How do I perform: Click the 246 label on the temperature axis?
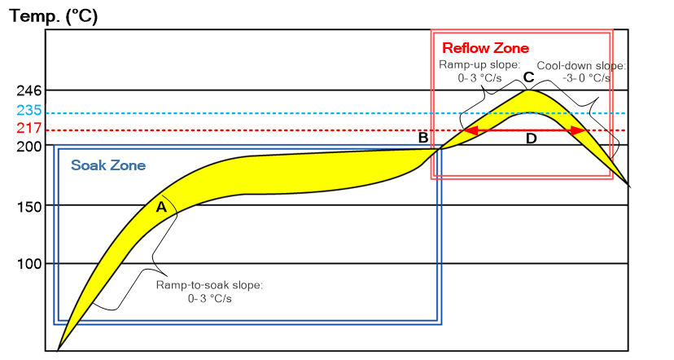coord(28,90)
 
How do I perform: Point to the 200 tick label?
coord(28,147)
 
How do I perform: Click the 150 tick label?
coord(28,206)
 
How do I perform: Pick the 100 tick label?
coord(28,264)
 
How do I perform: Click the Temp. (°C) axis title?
coord(54,15)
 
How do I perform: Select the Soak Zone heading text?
coord(108,165)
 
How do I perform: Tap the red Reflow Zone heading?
coord(485,48)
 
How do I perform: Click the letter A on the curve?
coord(161,209)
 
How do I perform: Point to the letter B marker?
coord(423,138)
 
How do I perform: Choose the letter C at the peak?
coord(528,78)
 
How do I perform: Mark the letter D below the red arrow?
coord(531,139)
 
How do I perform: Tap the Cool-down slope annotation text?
coord(580,71)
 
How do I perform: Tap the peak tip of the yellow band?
coord(529,90)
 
